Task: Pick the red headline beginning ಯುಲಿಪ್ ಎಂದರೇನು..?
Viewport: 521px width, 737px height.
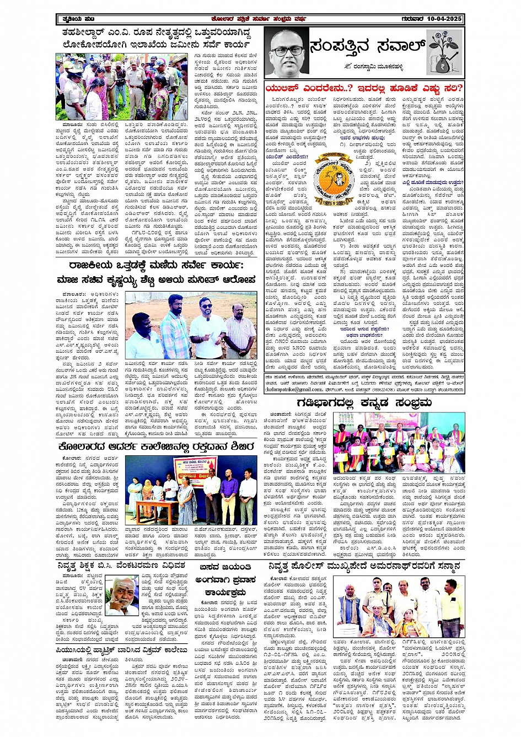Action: click(364, 88)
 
